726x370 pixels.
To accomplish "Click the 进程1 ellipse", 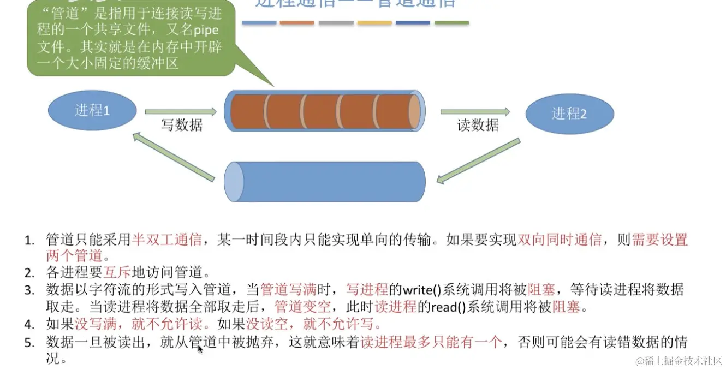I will [92, 111].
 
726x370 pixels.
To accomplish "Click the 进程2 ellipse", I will [569, 114].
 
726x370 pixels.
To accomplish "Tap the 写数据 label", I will [181, 125].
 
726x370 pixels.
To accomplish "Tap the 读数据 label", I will [478, 125].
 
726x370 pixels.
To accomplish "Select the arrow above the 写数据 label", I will [181, 112].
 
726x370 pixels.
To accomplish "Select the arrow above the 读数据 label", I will [475, 112].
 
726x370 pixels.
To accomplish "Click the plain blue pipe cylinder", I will [325, 181].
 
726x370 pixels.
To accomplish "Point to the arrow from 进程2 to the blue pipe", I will [479, 161].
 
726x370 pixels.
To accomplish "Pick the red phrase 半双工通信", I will [167, 240].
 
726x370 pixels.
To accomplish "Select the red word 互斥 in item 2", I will [116, 271].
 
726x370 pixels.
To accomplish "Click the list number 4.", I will [29, 325].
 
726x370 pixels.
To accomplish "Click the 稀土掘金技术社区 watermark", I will [677, 361].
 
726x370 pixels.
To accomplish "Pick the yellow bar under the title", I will [374, 23].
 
